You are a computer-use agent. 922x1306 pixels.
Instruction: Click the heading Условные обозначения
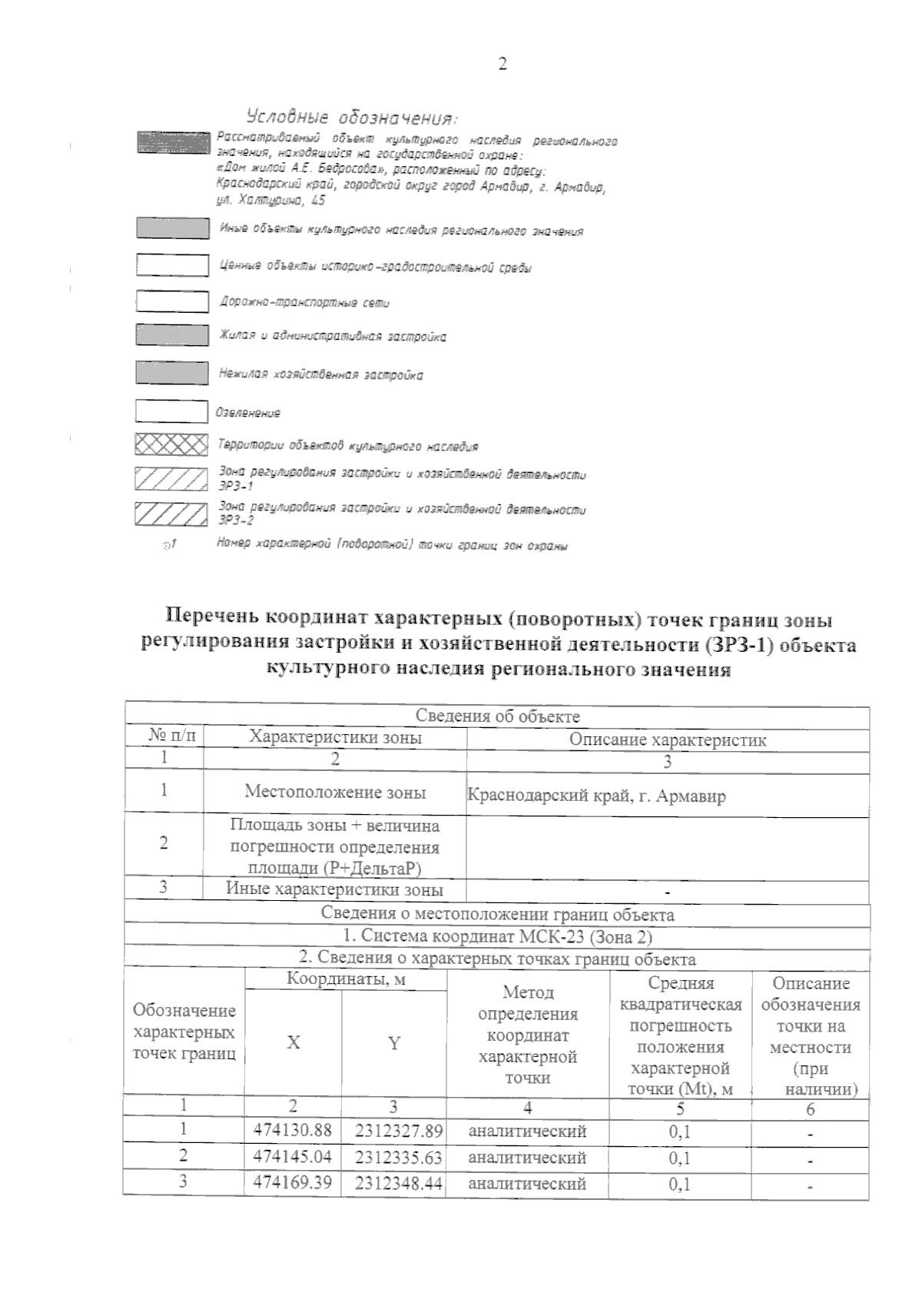(x=352, y=118)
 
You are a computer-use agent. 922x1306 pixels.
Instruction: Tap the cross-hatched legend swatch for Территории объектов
(x=171, y=445)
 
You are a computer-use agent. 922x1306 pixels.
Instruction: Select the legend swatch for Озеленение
(x=171, y=411)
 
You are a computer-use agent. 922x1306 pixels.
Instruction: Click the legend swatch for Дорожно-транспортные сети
(x=171, y=301)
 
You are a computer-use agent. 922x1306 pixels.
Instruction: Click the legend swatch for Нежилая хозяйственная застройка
(x=171, y=373)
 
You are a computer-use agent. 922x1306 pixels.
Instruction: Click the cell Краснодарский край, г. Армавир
(x=596, y=796)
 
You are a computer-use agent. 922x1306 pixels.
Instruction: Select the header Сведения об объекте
(x=497, y=716)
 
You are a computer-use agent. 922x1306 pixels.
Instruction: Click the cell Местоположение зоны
(x=335, y=792)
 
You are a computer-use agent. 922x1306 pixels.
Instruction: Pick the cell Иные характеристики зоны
(x=335, y=890)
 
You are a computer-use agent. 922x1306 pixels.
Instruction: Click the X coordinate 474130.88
(x=293, y=1130)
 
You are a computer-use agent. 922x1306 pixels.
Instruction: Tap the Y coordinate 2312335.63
(x=398, y=1157)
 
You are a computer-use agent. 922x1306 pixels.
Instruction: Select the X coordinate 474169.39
(x=293, y=1182)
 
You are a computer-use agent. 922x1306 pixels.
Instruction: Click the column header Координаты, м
(x=346, y=979)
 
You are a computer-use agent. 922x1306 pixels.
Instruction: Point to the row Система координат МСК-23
(x=497, y=936)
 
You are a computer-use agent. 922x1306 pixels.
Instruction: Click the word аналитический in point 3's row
(x=527, y=1183)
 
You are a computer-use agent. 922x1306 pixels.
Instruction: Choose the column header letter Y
(x=394, y=1043)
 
